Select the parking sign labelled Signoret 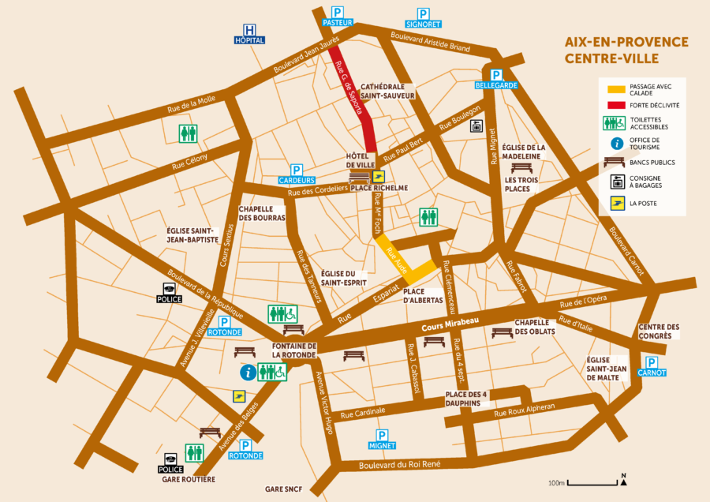424,13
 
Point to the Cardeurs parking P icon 297,170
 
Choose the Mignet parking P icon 383,435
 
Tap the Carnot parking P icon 652,362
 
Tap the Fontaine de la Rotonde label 293,350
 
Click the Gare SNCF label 285,489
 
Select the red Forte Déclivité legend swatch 615,104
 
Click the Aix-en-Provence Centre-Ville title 626,50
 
